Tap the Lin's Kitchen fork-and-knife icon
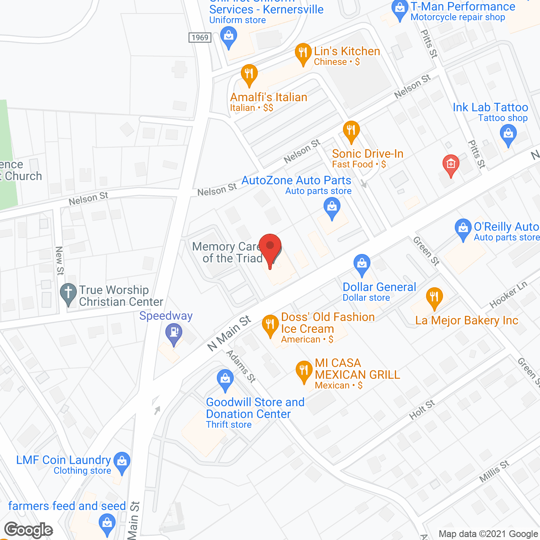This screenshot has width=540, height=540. click(x=303, y=53)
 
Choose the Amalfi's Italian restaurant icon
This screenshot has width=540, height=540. click(x=249, y=74)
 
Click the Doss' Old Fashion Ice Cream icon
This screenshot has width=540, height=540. click(x=270, y=324)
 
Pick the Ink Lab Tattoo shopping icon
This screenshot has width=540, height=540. click(x=508, y=135)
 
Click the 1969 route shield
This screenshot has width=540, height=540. click(x=200, y=38)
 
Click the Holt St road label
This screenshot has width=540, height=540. click(x=421, y=410)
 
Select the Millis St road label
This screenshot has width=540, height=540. click(x=494, y=472)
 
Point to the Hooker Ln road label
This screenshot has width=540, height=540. click(x=508, y=294)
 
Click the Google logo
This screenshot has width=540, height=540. click(x=29, y=530)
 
